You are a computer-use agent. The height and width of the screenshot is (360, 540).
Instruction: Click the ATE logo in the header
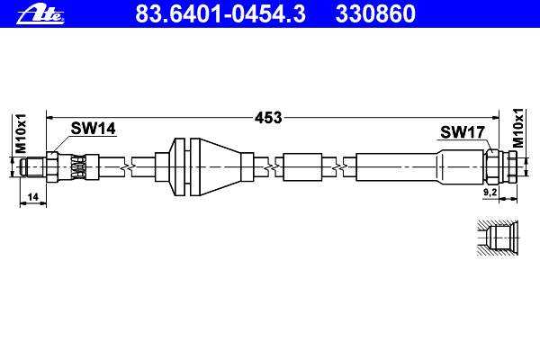(40, 14)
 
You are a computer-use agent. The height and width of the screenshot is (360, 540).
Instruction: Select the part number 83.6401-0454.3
(220, 13)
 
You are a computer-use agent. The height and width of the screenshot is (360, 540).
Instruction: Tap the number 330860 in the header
(375, 13)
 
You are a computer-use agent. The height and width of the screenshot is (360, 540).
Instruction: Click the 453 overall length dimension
(268, 118)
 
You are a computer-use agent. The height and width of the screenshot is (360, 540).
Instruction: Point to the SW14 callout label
(94, 129)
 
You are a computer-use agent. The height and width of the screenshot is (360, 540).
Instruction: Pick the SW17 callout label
(463, 132)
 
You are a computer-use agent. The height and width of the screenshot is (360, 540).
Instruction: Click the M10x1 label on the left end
(21, 133)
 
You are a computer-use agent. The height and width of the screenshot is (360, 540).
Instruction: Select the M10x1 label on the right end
(517, 128)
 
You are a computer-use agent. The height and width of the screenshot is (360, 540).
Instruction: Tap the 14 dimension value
(32, 197)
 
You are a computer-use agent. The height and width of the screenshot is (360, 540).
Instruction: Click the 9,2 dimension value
(490, 193)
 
